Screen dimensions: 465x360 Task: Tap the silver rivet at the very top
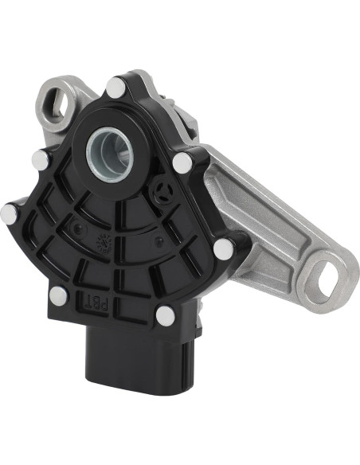pyautogui.click(x=117, y=85)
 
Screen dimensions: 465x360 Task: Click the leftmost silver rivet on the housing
pyautogui.click(x=10, y=212)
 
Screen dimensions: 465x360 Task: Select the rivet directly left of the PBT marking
pyautogui.click(x=58, y=296)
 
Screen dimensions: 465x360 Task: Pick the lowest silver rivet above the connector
pyautogui.click(x=166, y=315)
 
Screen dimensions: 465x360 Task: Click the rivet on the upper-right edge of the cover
pyautogui.click(x=182, y=163)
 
